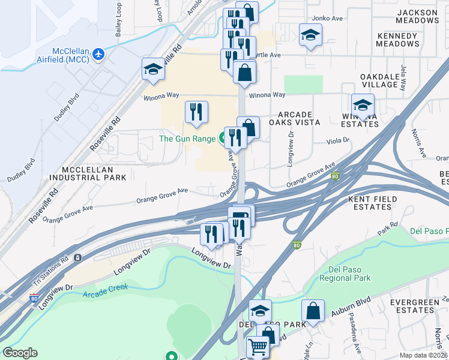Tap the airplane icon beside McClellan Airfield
[99, 55]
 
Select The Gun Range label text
[186, 139]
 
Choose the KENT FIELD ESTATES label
[378, 202]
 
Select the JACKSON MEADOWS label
[417, 16]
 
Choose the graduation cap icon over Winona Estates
[363, 104]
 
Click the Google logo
[20, 353]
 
